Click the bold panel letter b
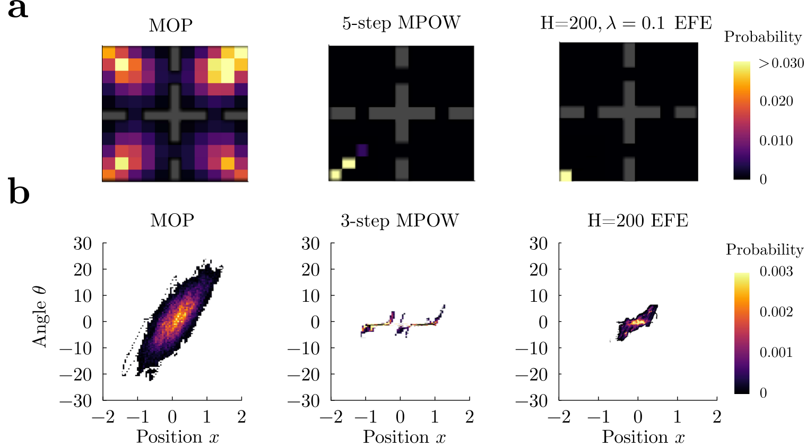[19, 192]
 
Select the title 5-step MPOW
[401, 23]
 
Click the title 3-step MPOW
[400, 221]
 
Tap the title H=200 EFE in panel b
[637, 221]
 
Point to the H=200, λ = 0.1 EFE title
[626, 23]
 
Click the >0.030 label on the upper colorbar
[781, 63]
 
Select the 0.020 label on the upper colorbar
[776, 101]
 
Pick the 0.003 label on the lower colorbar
[776, 272]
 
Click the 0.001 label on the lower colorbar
[776, 353]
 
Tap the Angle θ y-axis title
[40, 317]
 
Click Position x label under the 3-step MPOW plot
[404, 437]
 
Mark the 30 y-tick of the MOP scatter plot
[82, 243]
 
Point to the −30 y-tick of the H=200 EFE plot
[533, 400]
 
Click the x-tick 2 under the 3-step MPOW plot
[469, 417]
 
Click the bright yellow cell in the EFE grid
[566, 176]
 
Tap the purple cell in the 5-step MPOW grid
[362, 150]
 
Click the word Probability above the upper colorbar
[762, 37]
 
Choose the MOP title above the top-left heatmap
[171, 25]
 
